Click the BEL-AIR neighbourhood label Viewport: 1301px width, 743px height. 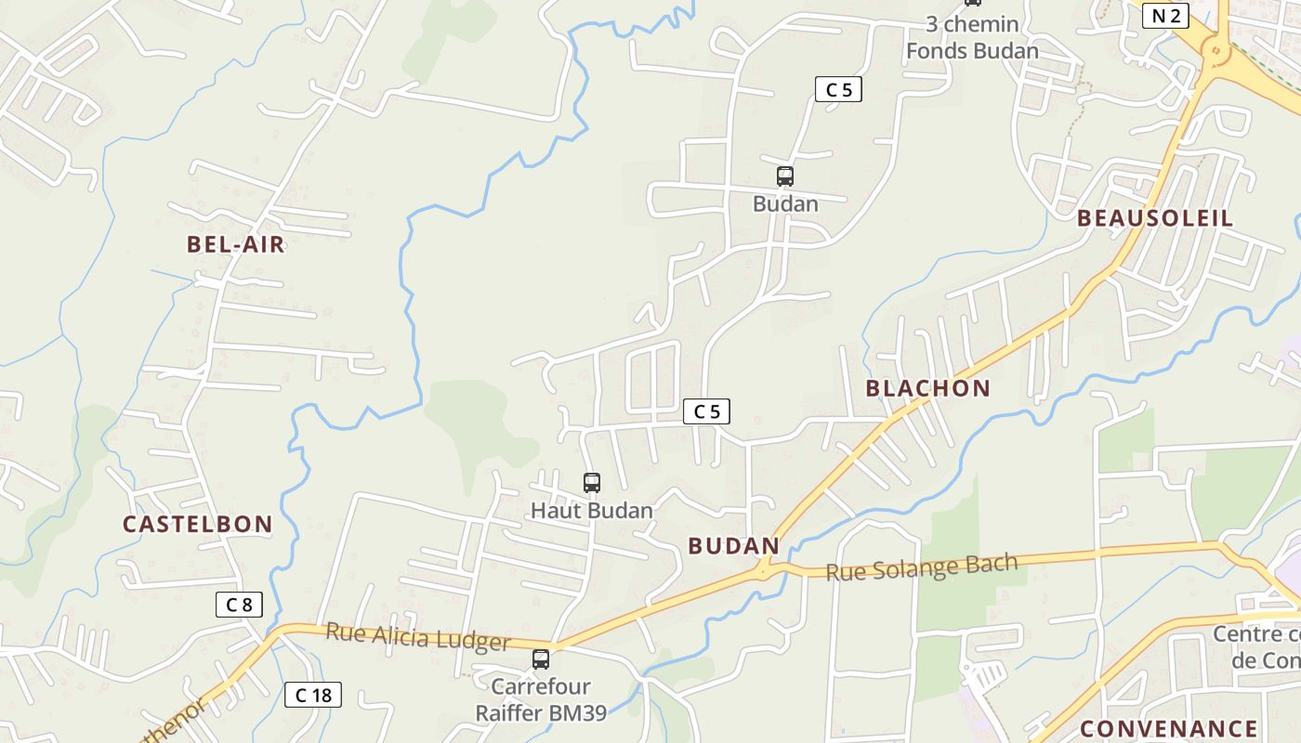235,245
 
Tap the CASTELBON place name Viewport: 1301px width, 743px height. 197,524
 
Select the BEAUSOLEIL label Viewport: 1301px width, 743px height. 1155,218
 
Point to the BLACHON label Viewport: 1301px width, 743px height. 927,388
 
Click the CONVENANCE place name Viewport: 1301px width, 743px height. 1168,728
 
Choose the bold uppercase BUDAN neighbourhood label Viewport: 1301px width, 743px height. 733,546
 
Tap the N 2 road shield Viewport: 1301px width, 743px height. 1165,15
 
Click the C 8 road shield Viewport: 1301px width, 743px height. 239,605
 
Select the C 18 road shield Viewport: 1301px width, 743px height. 313,695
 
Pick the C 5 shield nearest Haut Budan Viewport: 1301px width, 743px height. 706,411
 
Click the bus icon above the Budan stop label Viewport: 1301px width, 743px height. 785,176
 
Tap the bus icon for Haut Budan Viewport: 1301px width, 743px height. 592,483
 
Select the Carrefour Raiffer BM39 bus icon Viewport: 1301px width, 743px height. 541,659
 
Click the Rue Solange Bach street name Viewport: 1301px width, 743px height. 921,567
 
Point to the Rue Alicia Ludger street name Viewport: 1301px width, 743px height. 417,637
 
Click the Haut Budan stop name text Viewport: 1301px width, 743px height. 592,510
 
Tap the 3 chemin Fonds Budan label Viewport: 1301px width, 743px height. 972,37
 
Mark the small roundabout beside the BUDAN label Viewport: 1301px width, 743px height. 764,567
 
